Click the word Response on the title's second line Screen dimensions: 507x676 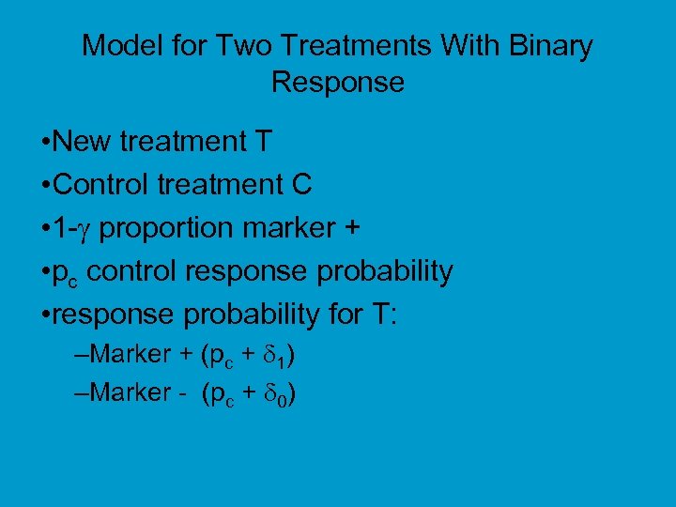point(338,83)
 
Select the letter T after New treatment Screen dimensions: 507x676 point(264,142)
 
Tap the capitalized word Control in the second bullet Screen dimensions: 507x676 point(103,185)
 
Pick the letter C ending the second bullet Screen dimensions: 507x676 point(301,185)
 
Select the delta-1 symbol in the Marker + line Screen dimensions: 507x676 point(283,356)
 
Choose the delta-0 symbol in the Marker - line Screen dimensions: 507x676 point(282,393)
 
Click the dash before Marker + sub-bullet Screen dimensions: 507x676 point(78,355)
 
